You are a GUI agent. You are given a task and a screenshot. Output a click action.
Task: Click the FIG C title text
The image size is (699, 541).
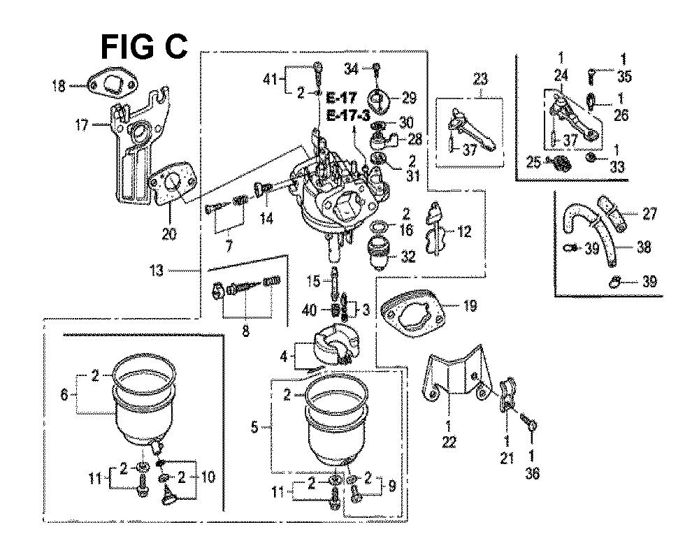point(145,47)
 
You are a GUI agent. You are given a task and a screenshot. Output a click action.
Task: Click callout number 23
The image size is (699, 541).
point(480,78)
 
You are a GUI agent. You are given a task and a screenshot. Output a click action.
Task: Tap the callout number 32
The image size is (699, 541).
point(408,257)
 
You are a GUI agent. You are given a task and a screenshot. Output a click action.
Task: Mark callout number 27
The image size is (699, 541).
point(649,215)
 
